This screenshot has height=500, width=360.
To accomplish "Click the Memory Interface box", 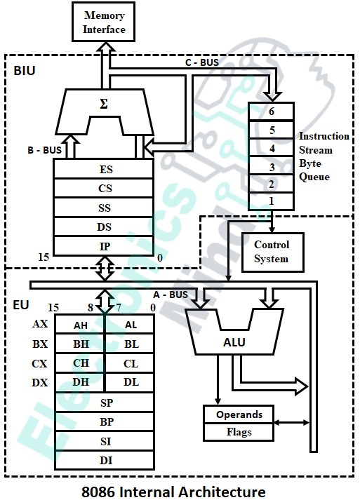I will tap(105, 22).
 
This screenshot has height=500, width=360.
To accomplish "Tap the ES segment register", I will tap(105, 170).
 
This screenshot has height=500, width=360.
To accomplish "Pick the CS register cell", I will tap(105, 189).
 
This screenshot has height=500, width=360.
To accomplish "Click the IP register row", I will tap(105, 246).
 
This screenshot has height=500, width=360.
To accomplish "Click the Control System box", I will tap(272, 252).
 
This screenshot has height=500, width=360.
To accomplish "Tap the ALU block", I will tap(234, 343).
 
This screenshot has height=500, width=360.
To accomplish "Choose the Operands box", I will tap(239, 414).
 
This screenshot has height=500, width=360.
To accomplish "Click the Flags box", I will tap(239, 432).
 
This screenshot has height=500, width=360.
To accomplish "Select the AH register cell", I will tap(81, 325).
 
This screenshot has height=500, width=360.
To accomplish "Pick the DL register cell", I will tap(131, 382).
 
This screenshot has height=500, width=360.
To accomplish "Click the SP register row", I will tap(105, 403).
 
